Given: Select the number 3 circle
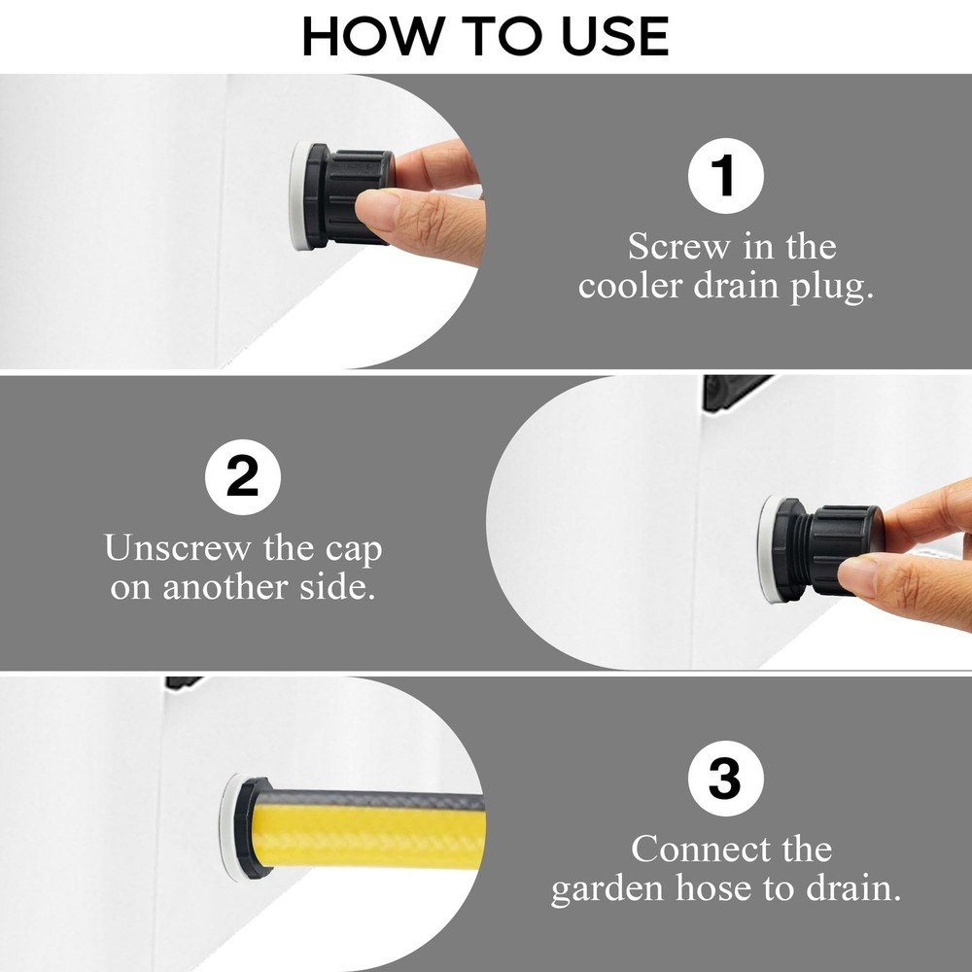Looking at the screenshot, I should click(x=725, y=781).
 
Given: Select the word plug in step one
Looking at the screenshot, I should click(x=831, y=288).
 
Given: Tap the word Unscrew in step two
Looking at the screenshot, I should click(x=179, y=549).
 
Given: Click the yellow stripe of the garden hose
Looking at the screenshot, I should click(x=369, y=833).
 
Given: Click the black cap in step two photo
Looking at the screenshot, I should click(x=846, y=549).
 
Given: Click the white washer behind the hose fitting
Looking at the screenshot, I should click(x=229, y=826).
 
